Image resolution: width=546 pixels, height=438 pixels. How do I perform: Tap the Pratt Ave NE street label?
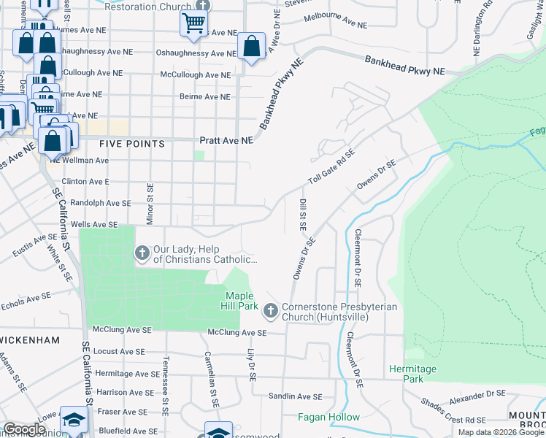tap(226, 139)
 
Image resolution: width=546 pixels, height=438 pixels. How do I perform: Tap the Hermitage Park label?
tap(412, 374)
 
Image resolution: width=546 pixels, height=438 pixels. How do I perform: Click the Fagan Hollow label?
tap(328, 418)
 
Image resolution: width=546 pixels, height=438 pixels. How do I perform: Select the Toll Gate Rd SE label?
tap(331, 168)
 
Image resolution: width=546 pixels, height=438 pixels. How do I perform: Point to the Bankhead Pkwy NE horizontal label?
tap(404, 66)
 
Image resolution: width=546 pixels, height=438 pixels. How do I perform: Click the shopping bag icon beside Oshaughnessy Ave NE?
tap(251, 47)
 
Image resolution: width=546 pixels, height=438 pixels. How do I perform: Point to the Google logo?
tap(24, 429)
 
